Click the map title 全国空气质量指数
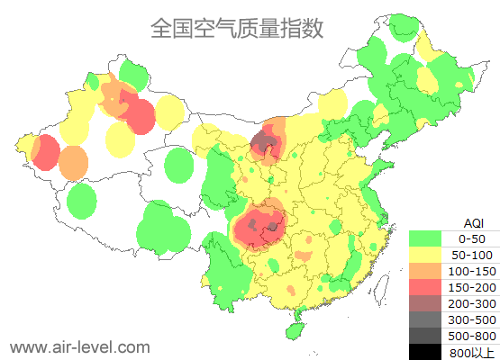[x=236, y=29]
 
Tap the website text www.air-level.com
[x=79, y=346]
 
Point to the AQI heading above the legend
[x=473, y=222]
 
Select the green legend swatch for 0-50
[x=425, y=238]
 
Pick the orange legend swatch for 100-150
[x=425, y=271]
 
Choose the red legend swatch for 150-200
[x=425, y=287]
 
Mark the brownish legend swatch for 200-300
[x=425, y=303]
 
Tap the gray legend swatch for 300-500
[x=425, y=319]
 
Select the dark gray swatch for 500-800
[x=425, y=336]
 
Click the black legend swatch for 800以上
[x=425, y=351]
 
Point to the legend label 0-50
[x=472, y=238]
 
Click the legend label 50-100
[x=472, y=255]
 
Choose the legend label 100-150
[x=472, y=271]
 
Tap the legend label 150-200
[x=472, y=287]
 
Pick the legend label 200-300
[x=472, y=303]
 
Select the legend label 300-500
[x=472, y=319]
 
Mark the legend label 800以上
[x=472, y=352]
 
